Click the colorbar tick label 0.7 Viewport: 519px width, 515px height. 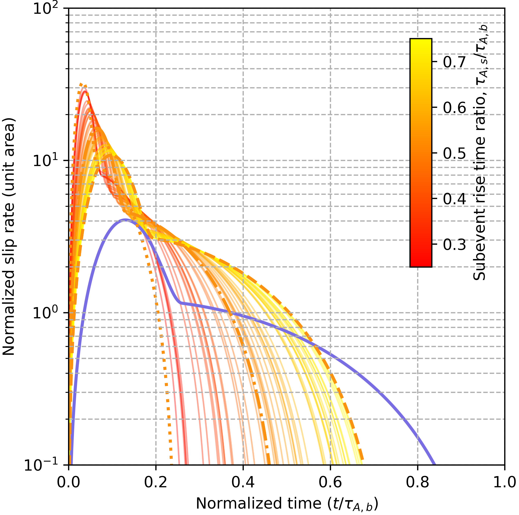[454, 62]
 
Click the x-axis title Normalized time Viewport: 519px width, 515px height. [287, 503]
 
